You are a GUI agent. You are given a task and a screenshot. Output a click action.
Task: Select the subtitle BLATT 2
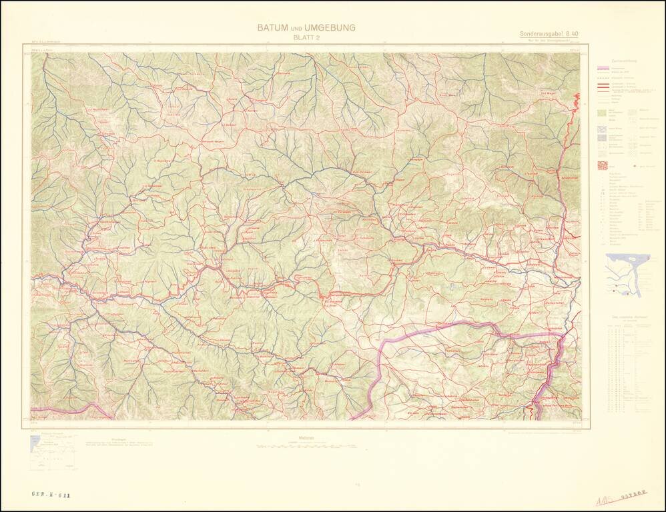[x=306, y=38]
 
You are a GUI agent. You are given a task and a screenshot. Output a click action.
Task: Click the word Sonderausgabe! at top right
[x=541, y=34]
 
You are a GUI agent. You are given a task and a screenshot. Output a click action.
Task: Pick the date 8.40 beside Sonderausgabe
[x=572, y=34]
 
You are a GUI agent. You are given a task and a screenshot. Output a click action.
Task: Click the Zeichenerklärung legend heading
[x=620, y=61]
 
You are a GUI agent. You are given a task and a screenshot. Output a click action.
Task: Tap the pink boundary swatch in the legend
[x=603, y=69]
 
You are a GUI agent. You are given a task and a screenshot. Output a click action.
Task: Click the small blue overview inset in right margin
[x=627, y=274]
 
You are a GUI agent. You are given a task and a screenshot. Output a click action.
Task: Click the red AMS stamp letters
[x=604, y=500]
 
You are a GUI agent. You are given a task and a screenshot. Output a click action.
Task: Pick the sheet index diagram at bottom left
[x=53, y=453]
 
